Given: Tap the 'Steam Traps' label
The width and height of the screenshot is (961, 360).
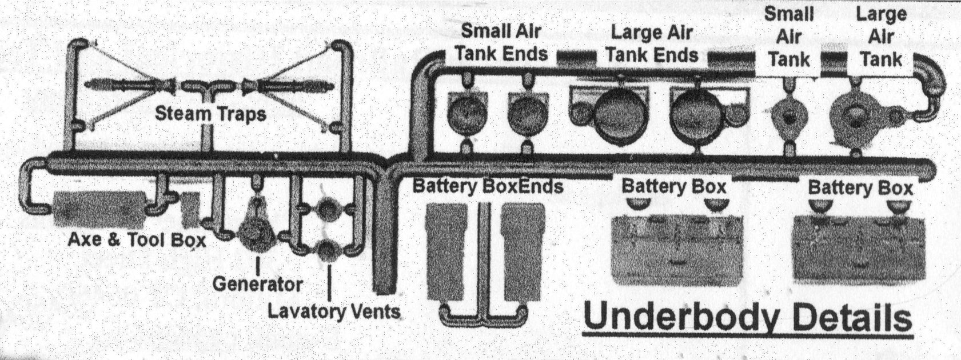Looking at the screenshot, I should click(x=210, y=114).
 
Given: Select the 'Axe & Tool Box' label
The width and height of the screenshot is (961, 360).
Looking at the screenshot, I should click(x=137, y=240).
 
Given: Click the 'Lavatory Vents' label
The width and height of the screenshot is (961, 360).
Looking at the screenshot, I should click(x=333, y=311).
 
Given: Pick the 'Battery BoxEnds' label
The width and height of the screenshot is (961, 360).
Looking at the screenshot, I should click(x=487, y=186).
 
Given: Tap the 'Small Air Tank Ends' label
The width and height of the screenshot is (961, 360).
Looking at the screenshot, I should click(x=501, y=43).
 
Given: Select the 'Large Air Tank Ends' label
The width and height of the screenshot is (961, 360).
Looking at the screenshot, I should click(x=651, y=44).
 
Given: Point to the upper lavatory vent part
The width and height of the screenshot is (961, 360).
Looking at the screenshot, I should click(x=328, y=211).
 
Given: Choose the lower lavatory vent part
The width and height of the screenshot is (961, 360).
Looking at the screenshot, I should click(x=328, y=250).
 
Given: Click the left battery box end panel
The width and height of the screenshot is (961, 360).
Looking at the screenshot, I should click(x=448, y=251).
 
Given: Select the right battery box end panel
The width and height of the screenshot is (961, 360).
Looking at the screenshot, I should click(x=524, y=251).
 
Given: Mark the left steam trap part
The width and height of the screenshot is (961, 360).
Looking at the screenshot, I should click(x=135, y=85).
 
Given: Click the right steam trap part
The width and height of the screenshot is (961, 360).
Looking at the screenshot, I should click(x=286, y=85).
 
